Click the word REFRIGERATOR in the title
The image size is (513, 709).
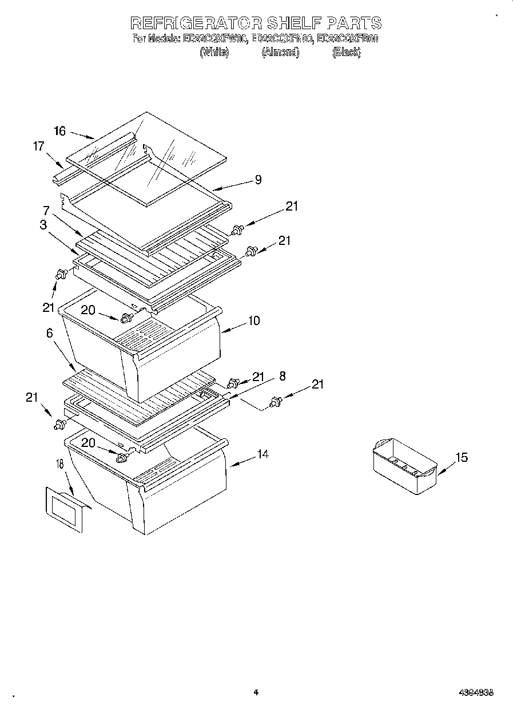click(x=196, y=23)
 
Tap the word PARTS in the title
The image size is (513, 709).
click(x=355, y=23)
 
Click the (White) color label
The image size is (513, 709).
click(x=214, y=52)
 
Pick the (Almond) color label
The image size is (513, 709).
click(x=280, y=52)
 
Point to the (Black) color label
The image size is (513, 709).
click(x=346, y=52)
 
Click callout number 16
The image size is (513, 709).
click(x=60, y=131)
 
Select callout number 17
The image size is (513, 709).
click(x=38, y=146)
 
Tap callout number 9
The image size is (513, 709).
click(x=258, y=180)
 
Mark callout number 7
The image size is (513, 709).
click(x=46, y=210)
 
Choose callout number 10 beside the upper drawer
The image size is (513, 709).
click(x=253, y=320)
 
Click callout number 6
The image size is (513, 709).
click(x=50, y=332)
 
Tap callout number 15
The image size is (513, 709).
click(x=461, y=457)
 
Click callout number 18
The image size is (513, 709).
click(x=60, y=464)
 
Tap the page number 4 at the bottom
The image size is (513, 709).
click(x=256, y=692)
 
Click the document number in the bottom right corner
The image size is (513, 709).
click(x=476, y=692)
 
